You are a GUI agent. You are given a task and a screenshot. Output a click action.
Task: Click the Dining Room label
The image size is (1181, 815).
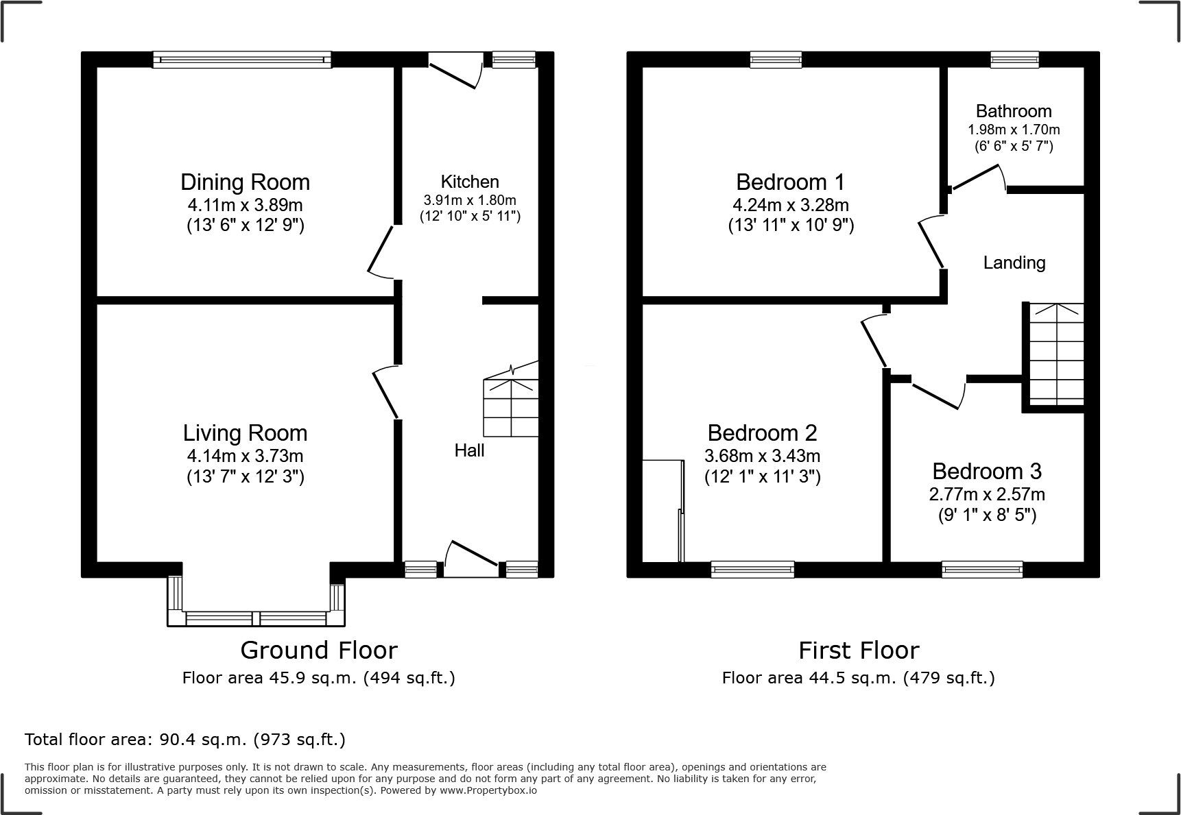(245, 182)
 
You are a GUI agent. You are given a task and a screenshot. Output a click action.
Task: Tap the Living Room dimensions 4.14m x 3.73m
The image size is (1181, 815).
(245, 456)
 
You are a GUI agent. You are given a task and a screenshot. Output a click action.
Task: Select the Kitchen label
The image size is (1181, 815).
(470, 182)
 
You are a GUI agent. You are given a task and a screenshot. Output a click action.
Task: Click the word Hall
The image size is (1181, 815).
(469, 450)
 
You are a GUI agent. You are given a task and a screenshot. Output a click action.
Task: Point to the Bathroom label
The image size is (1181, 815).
(1014, 111)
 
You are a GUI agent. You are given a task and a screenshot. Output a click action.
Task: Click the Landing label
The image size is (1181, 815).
(1014, 263)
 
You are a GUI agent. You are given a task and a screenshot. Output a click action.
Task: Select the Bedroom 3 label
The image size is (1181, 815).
(987, 472)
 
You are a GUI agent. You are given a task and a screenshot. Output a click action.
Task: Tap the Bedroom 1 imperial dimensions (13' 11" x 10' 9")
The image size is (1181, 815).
(791, 225)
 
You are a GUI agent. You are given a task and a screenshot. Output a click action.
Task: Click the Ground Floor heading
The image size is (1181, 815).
(319, 650)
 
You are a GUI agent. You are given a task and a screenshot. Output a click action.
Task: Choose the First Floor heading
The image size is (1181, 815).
(858, 650)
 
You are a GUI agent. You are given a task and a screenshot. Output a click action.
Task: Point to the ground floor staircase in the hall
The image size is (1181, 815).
(511, 404)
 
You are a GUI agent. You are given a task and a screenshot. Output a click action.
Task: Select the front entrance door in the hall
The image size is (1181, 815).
(472, 557)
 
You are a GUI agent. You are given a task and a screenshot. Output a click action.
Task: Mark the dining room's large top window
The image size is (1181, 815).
(241, 60)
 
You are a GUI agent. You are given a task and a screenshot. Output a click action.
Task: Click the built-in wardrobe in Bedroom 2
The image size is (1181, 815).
(663, 511)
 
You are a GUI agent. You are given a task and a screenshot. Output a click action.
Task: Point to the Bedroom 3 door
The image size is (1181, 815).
(937, 396)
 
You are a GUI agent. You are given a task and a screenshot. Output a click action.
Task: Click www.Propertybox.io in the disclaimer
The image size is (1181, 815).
(488, 790)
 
